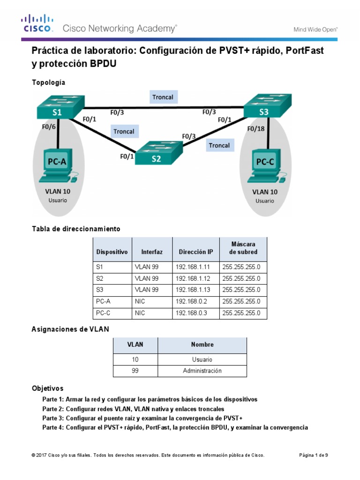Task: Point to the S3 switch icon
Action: coord(267,106)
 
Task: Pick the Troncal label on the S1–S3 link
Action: coord(163,97)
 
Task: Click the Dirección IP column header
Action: coord(195,252)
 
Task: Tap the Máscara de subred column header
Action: coord(243,248)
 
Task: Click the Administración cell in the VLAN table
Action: coord(202,371)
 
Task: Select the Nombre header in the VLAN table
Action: coord(202,345)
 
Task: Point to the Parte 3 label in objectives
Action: coord(53,418)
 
